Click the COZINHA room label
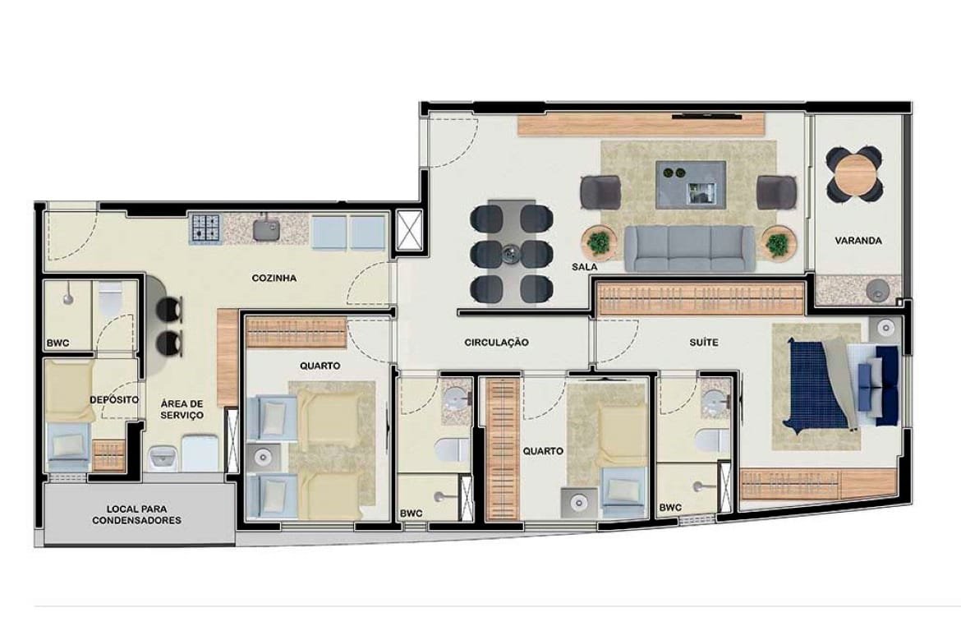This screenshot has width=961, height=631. coord(274,278)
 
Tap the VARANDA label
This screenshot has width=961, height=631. coord(858,241)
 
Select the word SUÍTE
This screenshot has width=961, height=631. coord(704,342)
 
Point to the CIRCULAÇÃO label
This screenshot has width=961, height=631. coord(496,342)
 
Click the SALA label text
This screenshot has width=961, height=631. coord(584,267)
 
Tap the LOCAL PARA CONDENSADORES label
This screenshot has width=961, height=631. coord(136,514)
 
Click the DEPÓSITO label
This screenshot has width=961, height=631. coord(114,399)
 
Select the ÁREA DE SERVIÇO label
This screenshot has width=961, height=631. coord(182,410)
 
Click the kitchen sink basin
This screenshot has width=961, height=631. coord(267,229)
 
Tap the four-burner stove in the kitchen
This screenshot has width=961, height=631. coord(205,227)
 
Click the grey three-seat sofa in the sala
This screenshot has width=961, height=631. coord(689,248)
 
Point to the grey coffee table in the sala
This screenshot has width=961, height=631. coord(691,184)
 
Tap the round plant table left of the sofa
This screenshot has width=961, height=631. coord(598,243)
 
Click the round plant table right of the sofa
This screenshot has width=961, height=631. coord(778,243)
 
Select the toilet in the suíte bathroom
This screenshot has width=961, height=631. coord(713,440)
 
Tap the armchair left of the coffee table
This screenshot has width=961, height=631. coord(600,192)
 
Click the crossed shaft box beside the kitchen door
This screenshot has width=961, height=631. coord(409,230)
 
